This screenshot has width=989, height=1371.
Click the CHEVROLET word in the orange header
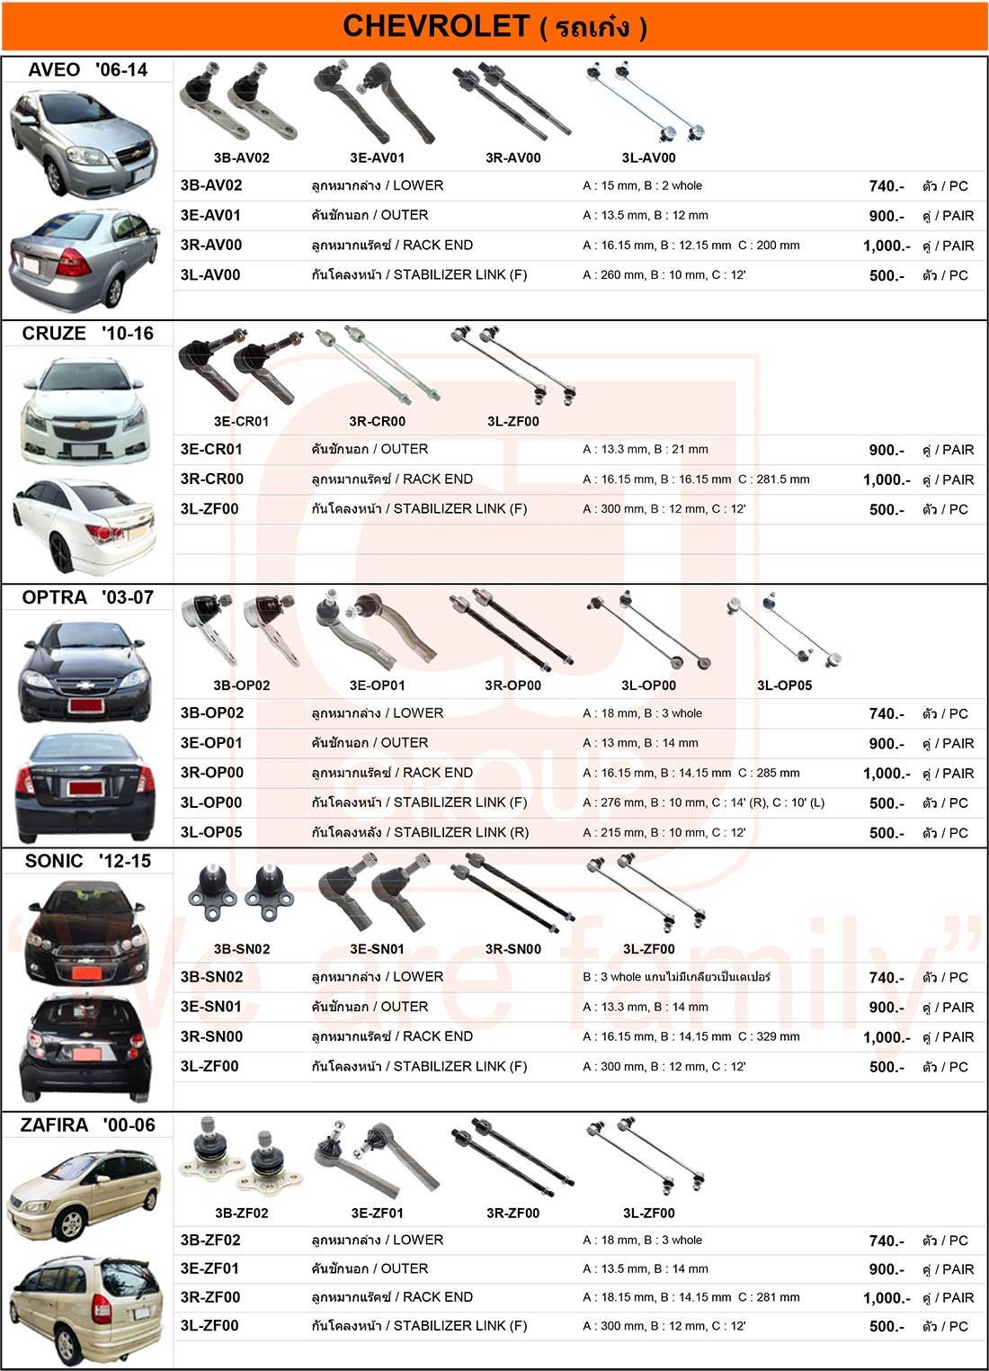pos(435,26)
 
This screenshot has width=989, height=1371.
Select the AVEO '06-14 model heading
pos(87,70)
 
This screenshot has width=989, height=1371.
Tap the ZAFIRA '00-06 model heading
pos(87,1125)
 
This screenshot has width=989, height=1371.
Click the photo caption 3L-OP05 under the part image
pos(784,685)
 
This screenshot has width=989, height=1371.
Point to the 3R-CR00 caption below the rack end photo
pos(377,421)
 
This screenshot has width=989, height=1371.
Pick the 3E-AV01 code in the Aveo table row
pos(210,215)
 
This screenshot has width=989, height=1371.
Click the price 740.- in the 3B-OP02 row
pos(887,713)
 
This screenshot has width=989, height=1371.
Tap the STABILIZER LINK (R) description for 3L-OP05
pos(461,832)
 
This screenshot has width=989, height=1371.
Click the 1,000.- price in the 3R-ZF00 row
pos(887,1297)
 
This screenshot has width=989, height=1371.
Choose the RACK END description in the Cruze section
pos(437,479)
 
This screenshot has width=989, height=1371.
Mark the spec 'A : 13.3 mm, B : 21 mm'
pos(646,449)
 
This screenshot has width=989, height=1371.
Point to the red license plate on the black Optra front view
pos(85,705)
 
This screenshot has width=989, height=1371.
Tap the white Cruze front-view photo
pos(85,410)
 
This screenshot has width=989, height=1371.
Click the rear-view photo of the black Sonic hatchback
pos(85,1047)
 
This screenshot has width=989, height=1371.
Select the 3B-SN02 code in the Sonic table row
pos(211,977)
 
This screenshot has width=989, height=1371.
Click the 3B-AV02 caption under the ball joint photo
pos(242,158)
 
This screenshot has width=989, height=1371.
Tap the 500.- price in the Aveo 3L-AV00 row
pos(887,275)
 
